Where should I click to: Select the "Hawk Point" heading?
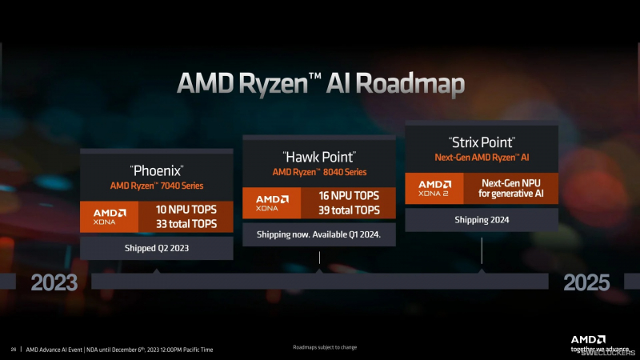click(x=319, y=156)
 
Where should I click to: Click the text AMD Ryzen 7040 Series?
click(x=157, y=186)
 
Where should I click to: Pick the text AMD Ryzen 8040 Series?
click(x=319, y=172)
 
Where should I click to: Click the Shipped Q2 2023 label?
click(x=157, y=248)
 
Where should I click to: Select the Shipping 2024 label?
click(x=482, y=219)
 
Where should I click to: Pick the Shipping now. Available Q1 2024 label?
click(x=319, y=234)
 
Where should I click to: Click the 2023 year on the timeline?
click(x=54, y=282)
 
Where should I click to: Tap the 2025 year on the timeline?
click(x=586, y=282)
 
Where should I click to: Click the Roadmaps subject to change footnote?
click(x=324, y=347)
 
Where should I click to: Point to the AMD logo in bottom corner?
click(x=588, y=338)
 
